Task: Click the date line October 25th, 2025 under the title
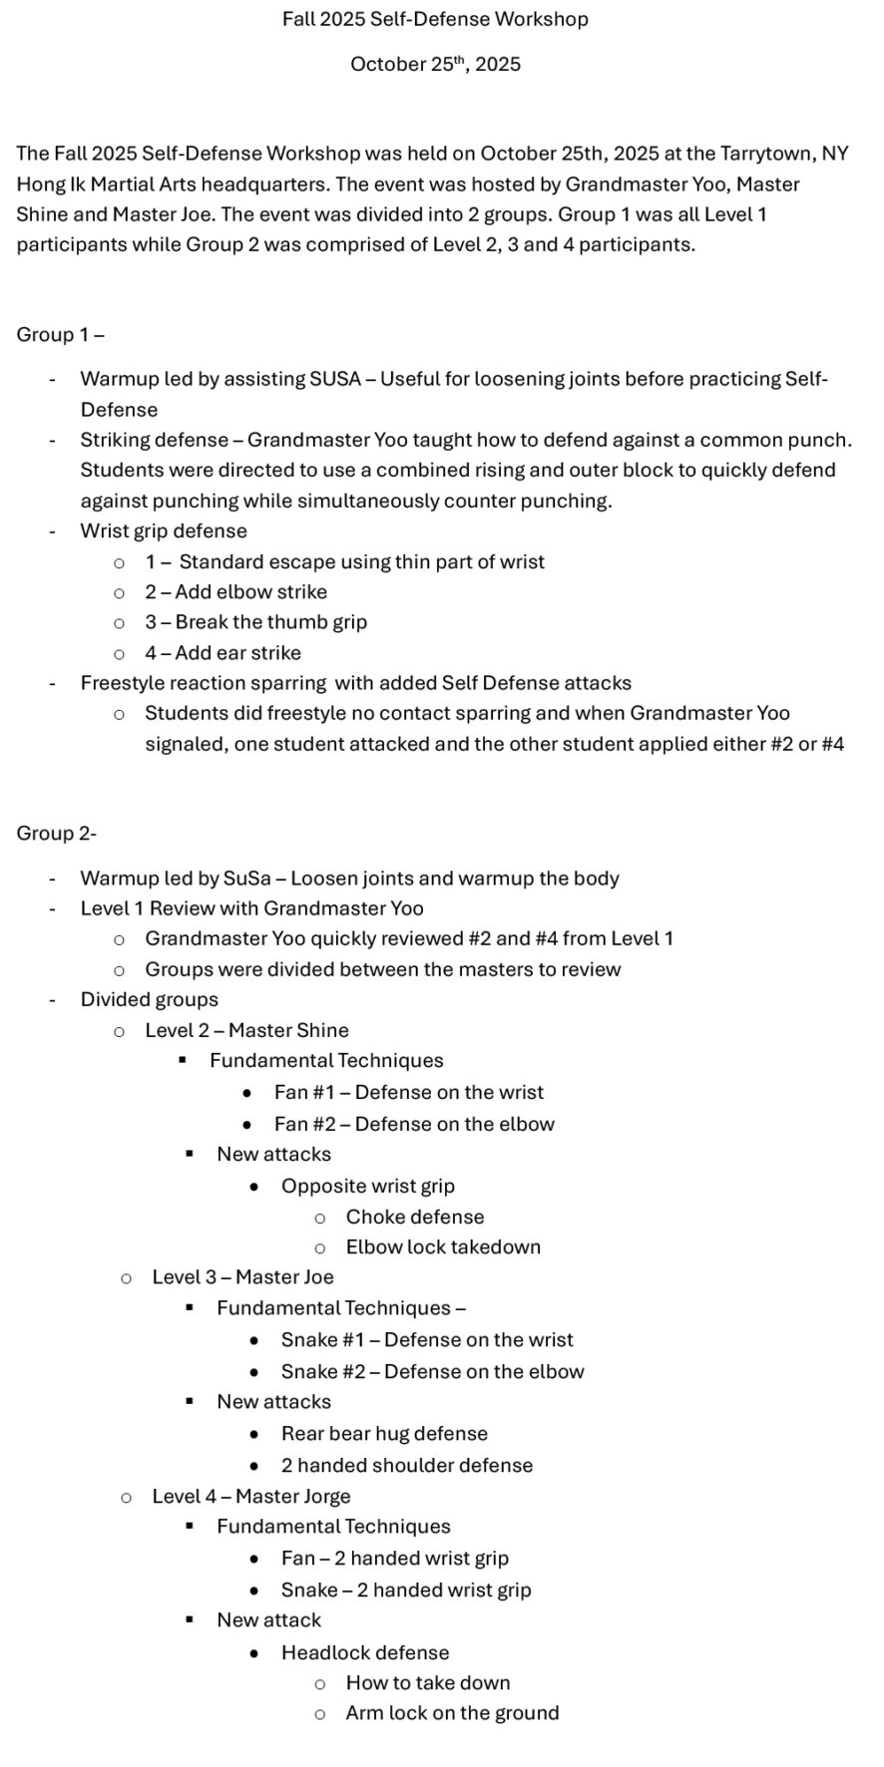(435, 65)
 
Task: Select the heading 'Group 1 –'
(60, 335)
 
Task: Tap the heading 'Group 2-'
(56, 834)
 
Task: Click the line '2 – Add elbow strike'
(235, 592)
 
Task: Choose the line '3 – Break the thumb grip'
(255, 622)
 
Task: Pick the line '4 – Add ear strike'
(222, 653)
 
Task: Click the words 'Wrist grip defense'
(164, 531)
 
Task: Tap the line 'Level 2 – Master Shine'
(246, 1030)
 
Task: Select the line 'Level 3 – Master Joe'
(242, 1277)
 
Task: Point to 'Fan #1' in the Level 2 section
(304, 1093)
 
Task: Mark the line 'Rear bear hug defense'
(384, 1434)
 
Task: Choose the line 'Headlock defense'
(365, 1652)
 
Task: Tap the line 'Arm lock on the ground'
(452, 1713)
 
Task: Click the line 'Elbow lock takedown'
(443, 1247)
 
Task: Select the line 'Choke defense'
(415, 1218)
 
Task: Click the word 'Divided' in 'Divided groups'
(114, 1000)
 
